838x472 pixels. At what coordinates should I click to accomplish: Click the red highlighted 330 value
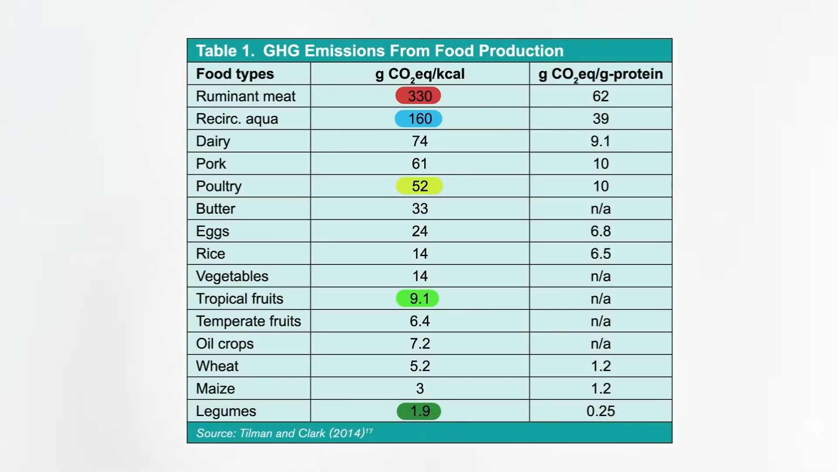(x=418, y=96)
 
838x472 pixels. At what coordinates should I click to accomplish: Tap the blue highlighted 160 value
(x=418, y=119)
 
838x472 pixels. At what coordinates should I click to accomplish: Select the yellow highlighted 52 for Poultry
(x=419, y=186)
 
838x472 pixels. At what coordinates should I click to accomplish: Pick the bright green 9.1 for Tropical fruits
(x=417, y=298)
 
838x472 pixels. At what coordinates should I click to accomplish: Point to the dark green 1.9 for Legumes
(x=419, y=411)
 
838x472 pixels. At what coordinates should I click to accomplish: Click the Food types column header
(x=235, y=74)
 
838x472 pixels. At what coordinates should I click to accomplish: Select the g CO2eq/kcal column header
(x=420, y=74)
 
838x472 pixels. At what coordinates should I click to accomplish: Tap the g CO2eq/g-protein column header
(x=601, y=74)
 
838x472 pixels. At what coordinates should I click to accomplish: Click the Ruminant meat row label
(x=246, y=96)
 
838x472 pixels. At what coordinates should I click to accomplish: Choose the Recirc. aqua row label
(x=237, y=119)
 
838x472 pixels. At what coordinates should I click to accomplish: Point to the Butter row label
(x=216, y=209)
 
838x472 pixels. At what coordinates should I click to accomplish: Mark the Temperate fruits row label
(x=248, y=321)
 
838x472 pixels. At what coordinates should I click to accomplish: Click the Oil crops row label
(x=225, y=344)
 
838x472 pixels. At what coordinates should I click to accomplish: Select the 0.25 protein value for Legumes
(x=601, y=411)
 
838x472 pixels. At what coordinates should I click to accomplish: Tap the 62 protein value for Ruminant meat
(x=601, y=96)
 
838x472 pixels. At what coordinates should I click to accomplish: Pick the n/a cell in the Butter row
(x=601, y=209)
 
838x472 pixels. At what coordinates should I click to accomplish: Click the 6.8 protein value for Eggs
(x=601, y=231)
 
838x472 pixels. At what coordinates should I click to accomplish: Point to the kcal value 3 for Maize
(x=420, y=389)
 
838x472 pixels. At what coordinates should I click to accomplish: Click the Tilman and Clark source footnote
(x=284, y=433)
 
